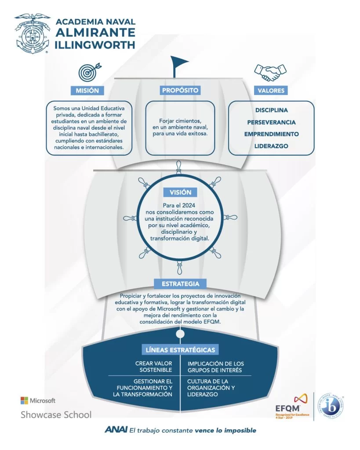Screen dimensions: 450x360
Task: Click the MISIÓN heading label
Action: [x=90, y=91]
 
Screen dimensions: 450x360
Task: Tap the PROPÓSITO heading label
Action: [x=180, y=90]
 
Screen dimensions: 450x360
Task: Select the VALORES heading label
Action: [x=271, y=91]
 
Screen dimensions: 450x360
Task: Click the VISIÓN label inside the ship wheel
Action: [x=180, y=192]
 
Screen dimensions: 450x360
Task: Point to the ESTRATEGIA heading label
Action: [x=181, y=283]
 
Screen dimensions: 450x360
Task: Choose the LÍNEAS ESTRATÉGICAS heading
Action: [x=181, y=350]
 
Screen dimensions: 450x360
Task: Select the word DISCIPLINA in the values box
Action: [x=272, y=110]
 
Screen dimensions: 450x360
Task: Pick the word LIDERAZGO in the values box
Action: [x=272, y=146]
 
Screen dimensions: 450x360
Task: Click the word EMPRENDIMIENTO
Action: [x=272, y=134]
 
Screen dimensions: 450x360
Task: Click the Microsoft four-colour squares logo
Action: [x=24, y=400]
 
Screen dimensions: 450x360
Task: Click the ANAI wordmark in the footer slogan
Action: [x=116, y=430]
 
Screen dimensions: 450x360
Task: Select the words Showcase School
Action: [x=56, y=414]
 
